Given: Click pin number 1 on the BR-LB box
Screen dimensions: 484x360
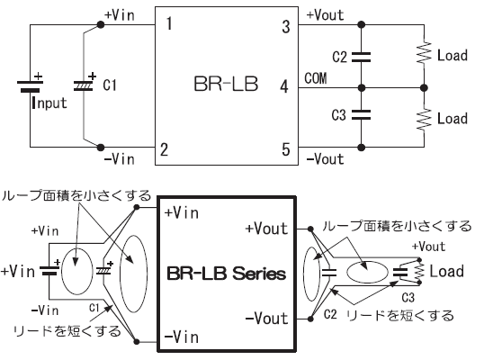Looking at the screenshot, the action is (169, 23).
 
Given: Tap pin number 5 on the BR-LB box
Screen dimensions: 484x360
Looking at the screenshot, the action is (286, 149).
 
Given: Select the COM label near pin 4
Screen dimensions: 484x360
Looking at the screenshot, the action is (316, 78).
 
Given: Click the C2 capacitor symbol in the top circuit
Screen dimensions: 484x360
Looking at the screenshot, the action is (361, 57).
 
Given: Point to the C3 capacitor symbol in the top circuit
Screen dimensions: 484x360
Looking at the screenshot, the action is (361, 114).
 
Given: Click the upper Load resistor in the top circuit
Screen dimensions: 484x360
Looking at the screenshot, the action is (424, 53).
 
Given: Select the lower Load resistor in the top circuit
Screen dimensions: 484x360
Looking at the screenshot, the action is (424, 120).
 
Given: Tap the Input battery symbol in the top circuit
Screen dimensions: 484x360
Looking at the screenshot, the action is (30, 85).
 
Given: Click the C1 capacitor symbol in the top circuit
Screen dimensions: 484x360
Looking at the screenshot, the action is (84, 85).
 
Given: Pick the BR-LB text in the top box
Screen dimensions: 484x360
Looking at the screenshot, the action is (226, 84).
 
